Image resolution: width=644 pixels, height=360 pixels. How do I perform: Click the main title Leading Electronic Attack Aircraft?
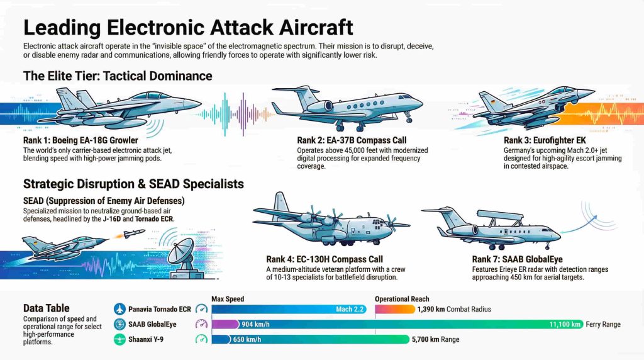pos(188,28)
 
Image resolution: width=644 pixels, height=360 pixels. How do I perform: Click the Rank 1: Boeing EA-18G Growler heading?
pos(80,140)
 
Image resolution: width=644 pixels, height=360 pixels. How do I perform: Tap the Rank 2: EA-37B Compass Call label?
pos(352,140)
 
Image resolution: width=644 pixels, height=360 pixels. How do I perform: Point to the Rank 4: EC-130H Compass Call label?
pos(324,259)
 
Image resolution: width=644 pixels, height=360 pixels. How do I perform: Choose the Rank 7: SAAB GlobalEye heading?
pos(517,259)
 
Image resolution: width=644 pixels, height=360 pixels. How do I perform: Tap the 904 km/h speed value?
pos(257,325)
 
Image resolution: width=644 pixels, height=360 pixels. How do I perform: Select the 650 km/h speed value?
pos(256,340)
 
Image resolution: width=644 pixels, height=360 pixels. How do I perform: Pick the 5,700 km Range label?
pos(435,340)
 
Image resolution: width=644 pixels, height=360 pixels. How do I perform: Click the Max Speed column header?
pos(228,298)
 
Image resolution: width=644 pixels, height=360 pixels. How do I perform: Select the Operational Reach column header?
pos(402,298)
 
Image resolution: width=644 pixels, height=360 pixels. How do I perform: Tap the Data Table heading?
pos(47,308)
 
